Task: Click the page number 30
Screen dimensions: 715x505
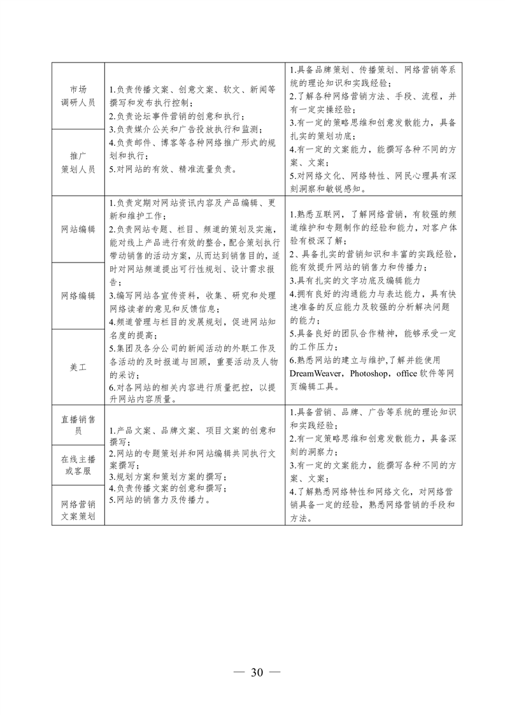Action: coord(257,673)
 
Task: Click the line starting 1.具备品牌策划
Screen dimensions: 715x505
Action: coord(373,70)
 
